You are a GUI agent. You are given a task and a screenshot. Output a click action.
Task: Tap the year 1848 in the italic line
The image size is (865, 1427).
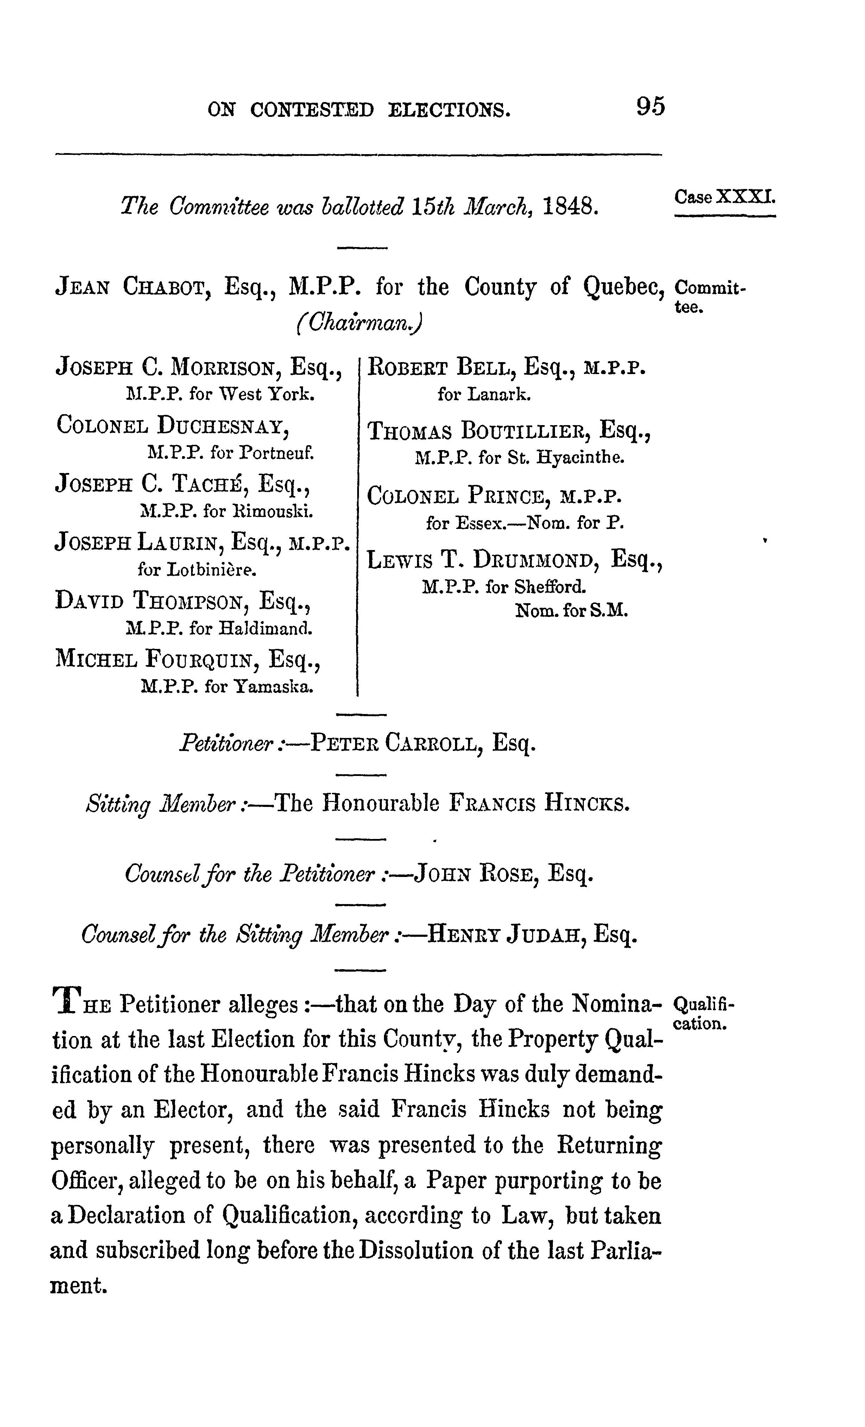point(570,206)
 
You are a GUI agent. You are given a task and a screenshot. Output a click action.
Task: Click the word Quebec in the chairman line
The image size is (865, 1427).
point(623,287)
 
